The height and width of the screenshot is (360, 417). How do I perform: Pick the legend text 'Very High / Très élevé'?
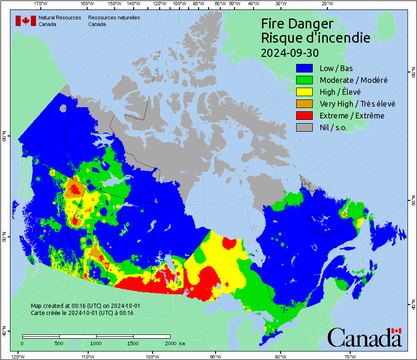(x=357, y=104)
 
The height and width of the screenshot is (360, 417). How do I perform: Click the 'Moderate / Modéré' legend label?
(x=354, y=80)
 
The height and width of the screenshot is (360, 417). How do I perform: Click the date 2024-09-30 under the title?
(x=290, y=52)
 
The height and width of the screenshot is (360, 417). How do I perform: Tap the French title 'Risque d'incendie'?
(x=316, y=38)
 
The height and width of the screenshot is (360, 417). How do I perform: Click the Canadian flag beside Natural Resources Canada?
(x=26, y=21)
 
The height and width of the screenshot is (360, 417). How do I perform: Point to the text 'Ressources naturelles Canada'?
(x=114, y=21)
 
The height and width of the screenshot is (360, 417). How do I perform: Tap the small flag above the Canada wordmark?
(x=396, y=331)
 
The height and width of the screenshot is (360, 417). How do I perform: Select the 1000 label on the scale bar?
(x=96, y=343)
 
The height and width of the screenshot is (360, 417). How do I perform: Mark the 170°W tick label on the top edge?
(x=41, y=4)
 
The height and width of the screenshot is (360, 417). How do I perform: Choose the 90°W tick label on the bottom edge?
(x=216, y=356)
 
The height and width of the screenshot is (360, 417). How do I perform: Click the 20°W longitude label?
(x=326, y=4)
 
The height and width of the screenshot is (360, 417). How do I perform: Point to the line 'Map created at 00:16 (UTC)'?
(x=85, y=306)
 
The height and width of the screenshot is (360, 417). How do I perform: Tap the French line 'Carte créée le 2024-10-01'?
(x=82, y=313)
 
